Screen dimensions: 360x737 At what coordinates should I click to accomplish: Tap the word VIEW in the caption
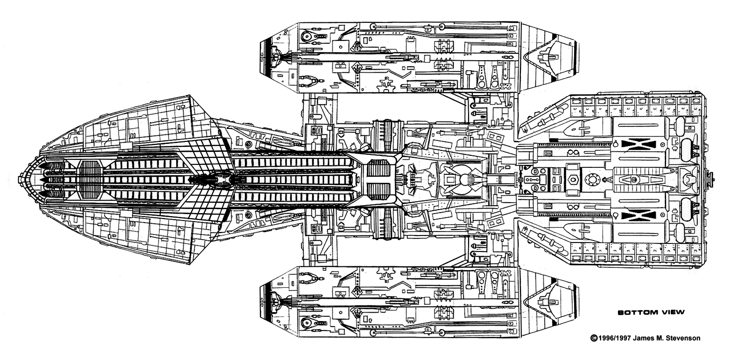coord(672,313)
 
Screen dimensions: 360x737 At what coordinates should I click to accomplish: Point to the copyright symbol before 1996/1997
coord(593,338)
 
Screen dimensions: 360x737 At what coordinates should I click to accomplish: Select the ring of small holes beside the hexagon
coord(593,179)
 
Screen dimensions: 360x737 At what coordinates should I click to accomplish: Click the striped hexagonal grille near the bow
coord(90,179)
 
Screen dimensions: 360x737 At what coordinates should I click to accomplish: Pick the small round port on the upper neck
coord(248,144)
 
